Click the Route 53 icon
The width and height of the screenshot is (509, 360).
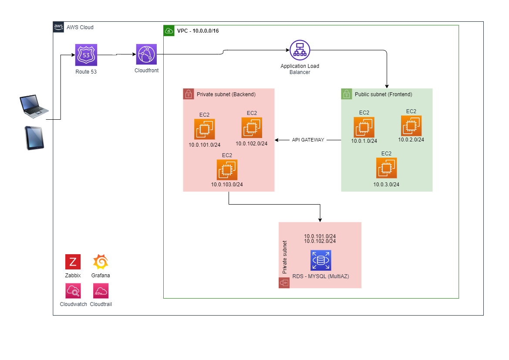[x=86, y=55]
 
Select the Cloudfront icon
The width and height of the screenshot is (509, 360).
[x=146, y=54]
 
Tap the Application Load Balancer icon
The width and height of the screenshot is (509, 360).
[x=300, y=50]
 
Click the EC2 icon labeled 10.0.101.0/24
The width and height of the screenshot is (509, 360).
[x=205, y=129]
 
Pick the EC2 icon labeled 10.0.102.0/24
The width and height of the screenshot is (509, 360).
[x=252, y=128]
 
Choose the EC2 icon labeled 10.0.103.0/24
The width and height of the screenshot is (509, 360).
[x=227, y=170]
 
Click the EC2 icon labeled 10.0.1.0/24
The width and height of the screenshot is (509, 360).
[x=364, y=127]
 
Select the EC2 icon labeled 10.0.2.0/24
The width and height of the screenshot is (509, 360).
[x=411, y=126]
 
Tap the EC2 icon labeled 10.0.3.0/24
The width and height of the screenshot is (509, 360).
[x=386, y=168]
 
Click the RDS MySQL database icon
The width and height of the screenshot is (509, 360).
[x=321, y=260]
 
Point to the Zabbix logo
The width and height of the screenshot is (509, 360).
[x=73, y=262]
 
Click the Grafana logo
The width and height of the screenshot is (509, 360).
[x=101, y=262]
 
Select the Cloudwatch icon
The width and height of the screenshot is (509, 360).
[x=73, y=291]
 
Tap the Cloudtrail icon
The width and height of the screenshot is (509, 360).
[x=101, y=291]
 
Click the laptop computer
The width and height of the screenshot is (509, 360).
[x=34, y=106]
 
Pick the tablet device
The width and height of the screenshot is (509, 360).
[x=34, y=138]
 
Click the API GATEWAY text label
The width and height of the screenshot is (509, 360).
[x=308, y=140]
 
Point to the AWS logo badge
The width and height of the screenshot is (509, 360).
[x=58, y=27]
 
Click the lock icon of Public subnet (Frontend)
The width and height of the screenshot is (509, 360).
[x=347, y=94]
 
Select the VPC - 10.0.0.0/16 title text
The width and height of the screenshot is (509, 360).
[x=198, y=31]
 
